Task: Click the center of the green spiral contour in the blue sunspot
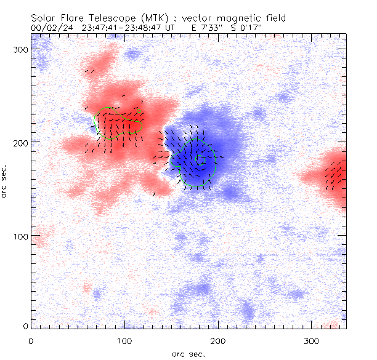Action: tap(198, 159)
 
